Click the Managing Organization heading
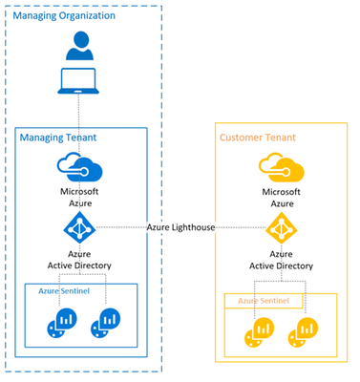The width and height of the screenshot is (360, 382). (x=64, y=15)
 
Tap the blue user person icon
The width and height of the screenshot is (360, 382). (x=79, y=46)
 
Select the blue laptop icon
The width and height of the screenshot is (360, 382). (x=78, y=81)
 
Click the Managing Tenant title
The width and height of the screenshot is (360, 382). (x=58, y=138)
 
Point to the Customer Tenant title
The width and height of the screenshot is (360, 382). (x=258, y=138)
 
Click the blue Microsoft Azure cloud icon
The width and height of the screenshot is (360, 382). (x=79, y=166)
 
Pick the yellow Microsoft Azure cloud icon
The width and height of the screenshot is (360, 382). (x=282, y=167)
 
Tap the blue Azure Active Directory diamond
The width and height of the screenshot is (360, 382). (x=79, y=227)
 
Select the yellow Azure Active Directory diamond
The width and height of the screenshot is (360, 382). (x=282, y=228)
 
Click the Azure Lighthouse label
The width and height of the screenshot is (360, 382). (x=180, y=227)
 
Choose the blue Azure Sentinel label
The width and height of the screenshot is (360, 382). (x=64, y=291)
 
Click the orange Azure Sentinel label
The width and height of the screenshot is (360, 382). (x=264, y=301)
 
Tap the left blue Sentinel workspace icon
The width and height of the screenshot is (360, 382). (x=62, y=323)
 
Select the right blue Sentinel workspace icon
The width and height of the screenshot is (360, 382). (x=106, y=323)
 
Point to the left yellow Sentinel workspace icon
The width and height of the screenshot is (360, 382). (x=260, y=332)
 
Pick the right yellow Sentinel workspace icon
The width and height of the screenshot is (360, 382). (x=303, y=332)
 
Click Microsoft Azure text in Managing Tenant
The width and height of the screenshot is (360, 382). (x=79, y=197)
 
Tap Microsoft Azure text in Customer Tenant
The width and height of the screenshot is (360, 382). (x=282, y=198)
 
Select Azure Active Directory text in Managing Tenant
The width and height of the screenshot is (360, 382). (x=79, y=260)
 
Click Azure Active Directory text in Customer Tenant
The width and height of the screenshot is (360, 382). (x=282, y=260)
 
